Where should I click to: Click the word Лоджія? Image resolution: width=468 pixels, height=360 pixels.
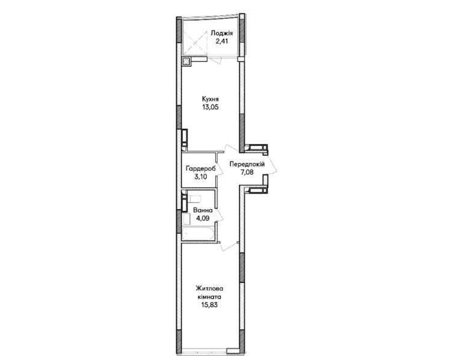tap(222, 33)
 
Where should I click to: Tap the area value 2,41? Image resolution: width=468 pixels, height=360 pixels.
tap(222, 41)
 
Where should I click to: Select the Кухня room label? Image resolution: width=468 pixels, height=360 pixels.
tap(211, 99)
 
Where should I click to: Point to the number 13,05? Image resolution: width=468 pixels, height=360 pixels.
tap(211, 107)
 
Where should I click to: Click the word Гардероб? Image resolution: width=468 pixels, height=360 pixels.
tap(200, 168)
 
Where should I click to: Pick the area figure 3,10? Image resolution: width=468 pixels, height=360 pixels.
tap(200, 176)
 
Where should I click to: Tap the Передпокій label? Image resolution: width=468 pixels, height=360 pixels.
tap(247, 164)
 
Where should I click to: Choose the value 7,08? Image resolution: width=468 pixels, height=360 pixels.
tap(247, 172)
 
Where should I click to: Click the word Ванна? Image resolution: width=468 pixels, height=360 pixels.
tap(203, 210)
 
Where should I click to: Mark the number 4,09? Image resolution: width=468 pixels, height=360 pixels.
tap(203, 218)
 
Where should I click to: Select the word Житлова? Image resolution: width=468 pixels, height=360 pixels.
tap(209, 288)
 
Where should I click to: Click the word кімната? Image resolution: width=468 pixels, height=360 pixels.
tap(209, 297)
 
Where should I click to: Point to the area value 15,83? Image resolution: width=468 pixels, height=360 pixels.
tap(209, 305)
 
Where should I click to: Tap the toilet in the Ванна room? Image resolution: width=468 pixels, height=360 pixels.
tap(194, 199)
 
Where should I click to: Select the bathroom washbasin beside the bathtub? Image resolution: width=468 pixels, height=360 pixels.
tap(186, 219)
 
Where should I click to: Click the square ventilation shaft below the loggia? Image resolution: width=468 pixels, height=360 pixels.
tap(186, 61)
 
